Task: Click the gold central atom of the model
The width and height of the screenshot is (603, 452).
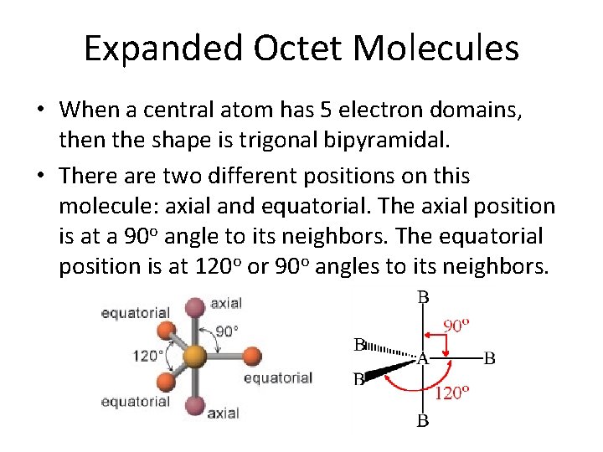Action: pos(195,357)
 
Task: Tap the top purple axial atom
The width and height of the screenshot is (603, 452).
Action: pos(195,307)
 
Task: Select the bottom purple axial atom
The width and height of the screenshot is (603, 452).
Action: pos(195,407)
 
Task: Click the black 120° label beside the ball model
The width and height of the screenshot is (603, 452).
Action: pos(148,356)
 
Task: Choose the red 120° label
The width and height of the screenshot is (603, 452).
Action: pos(449,393)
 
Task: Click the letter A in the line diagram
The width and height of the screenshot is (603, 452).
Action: pos(422,358)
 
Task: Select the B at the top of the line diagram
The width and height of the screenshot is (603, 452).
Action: pos(423,297)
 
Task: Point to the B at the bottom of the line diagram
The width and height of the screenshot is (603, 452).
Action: pos(423,420)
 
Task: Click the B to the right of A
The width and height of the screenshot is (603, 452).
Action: pos(490,358)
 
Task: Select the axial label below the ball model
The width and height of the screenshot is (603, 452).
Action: pos(223,413)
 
